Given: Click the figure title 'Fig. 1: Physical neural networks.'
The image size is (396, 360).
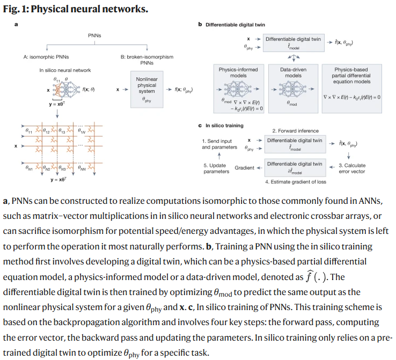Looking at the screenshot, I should click(x=76, y=10).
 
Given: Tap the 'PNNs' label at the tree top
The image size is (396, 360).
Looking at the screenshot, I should click(x=94, y=35).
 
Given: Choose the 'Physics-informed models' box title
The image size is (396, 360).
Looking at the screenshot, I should click(x=238, y=73).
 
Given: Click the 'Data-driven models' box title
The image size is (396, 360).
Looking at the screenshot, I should click(x=293, y=73).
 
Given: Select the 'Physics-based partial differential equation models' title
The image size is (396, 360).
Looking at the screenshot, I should click(x=352, y=76).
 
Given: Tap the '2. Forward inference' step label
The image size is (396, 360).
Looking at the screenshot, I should click(x=295, y=130).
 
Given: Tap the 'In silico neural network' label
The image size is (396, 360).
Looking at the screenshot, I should click(x=65, y=70).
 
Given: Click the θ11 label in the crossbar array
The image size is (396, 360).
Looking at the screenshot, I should click(x=30, y=130).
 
